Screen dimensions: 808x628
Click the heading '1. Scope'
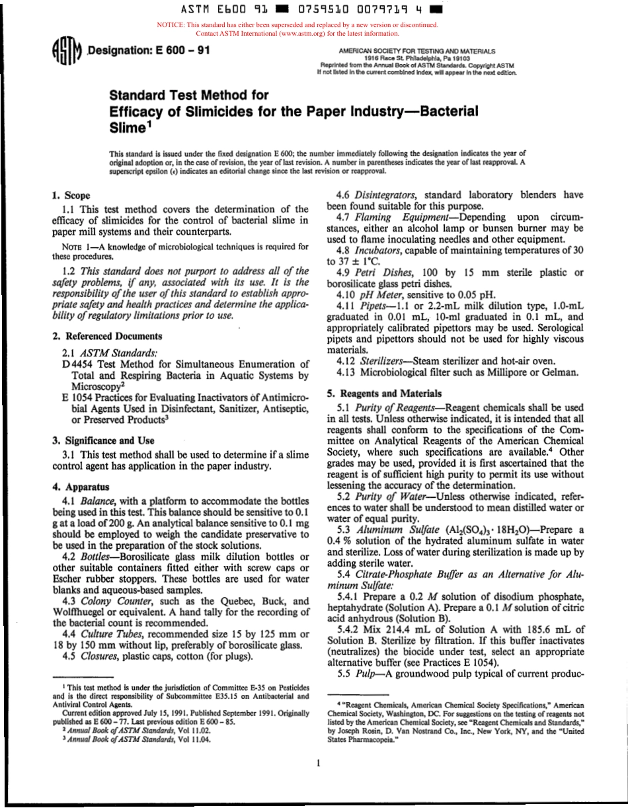pos(71,196)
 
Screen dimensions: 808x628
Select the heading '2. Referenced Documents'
pos(106,336)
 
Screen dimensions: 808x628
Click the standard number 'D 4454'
pos(79,364)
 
